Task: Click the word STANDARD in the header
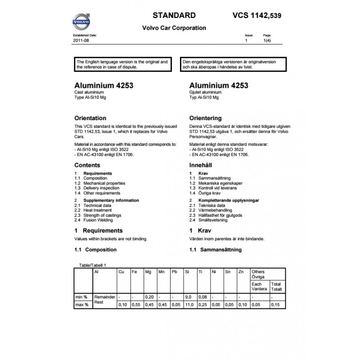click(174, 15)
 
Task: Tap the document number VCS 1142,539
click(258, 15)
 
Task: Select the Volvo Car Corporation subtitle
click(174, 28)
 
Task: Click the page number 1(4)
click(266, 40)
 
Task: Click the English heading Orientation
click(90, 118)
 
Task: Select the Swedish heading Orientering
click(206, 118)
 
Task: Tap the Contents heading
click(87, 166)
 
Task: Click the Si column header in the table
click(187, 272)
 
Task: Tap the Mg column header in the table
click(148, 272)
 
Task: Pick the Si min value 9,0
click(189, 297)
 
